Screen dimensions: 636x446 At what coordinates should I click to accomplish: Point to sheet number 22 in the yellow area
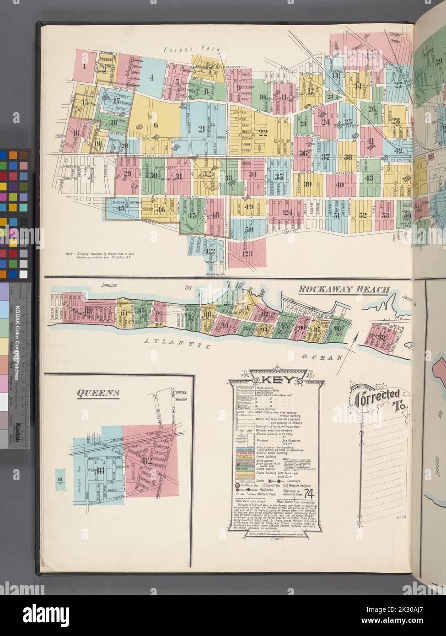(262, 133)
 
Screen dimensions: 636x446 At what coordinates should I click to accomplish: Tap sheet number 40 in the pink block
(339, 185)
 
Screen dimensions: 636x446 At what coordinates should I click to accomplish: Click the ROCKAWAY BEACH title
(344, 289)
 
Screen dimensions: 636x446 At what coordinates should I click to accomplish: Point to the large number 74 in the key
(309, 493)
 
